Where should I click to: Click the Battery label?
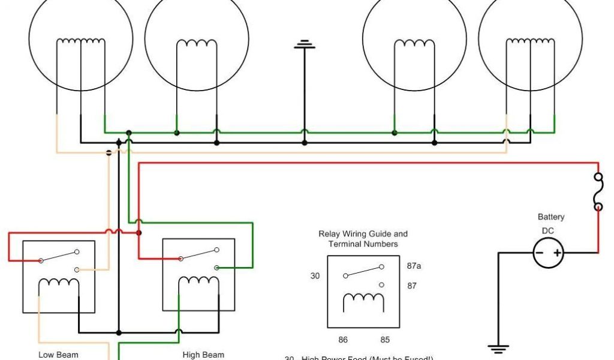point(550,217)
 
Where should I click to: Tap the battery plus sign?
point(558,253)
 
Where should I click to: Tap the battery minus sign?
point(540,253)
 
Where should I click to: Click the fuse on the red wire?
point(598,192)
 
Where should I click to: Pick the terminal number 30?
point(315,276)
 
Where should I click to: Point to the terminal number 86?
point(343,340)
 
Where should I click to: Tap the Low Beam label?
point(58,355)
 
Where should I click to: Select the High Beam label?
point(203,355)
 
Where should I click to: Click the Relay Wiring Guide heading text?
point(363,239)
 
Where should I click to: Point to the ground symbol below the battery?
point(499,347)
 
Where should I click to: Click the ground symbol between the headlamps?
point(305,45)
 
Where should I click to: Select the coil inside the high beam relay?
point(198,281)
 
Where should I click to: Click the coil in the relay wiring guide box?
point(363,297)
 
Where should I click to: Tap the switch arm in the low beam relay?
point(59,256)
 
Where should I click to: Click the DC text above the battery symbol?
point(547,231)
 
